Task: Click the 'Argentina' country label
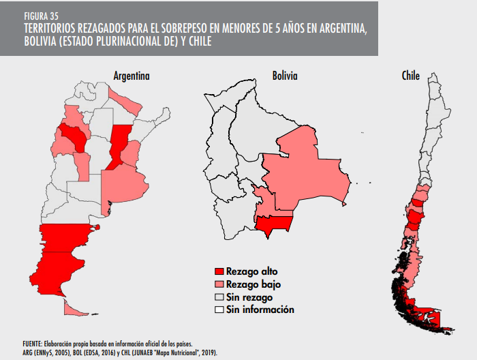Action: (132, 76)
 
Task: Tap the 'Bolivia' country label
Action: (284, 76)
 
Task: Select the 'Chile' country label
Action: (410, 76)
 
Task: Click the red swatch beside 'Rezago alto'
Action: (219, 271)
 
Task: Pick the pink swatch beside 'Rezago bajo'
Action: (219, 284)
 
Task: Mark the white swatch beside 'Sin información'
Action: (219, 310)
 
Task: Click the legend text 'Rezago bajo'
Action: (253, 284)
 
